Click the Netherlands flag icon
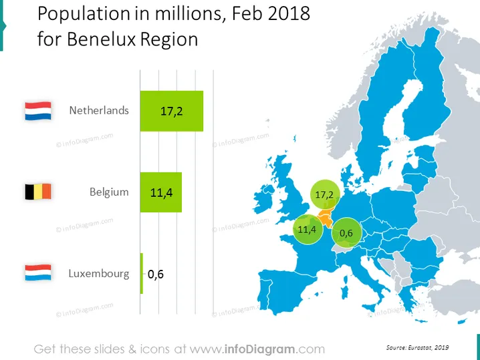pyautogui.click(x=38, y=111)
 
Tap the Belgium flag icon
pyautogui.click(x=38, y=192)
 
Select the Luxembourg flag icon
pyautogui.click(x=38, y=273)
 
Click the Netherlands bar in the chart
pyautogui.click(x=172, y=111)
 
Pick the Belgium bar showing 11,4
pyautogui.click(x=161, y=192)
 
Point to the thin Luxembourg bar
pyautogui.click(x=142, y=273)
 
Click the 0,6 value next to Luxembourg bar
pyautogui.click(x=156, y=275)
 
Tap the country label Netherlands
pyautogui.click(x=99, y=110)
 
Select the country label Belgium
pyautogui.click(x=109, y=192)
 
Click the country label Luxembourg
pyautogui.click(x=98, y=273)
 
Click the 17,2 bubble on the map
pyautogui.click(x=324, y=194)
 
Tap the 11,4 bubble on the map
pyautogui.click(x=308, y=229)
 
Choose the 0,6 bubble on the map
pyautogui.click(x=346, y=232)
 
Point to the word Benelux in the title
pyautogui.click(x=101, y=39)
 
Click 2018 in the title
pyautogui.click(x=289, y=13)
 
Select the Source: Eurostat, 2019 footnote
pyautogui.click(x=418, y=347)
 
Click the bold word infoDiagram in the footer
pyautogui.click(x=259, y=349)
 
